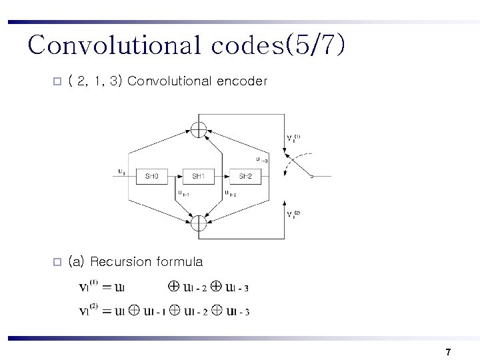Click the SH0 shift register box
pyautogui.click(x=152, y=177)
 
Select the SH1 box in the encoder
pyautogui.click(x=199, y=177)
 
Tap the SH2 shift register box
pyautogui.click(x=245, y=177)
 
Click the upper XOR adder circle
pyautogui.click(x=199, y=129)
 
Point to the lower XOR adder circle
pyautogui.click(x=199, y=222)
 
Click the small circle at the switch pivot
pyautogui.click(x=311, y=176)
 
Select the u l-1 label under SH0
pyautogui.click(x=183, y=194)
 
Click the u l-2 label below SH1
pyautogui.click(x=230, y=194)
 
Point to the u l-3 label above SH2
pyautogui.click(x=262, y=159)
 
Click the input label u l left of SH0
pyautogui.click(x=121, y=171)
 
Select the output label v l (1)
pyautogui.click(x=293, y=139)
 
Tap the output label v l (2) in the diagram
pyautogui.click(x=293, y=214)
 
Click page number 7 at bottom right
pyautogui.click(x=448, y=351)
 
